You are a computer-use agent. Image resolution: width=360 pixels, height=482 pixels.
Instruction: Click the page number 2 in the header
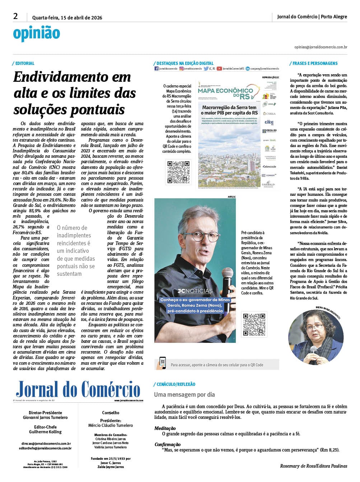coord(15,16)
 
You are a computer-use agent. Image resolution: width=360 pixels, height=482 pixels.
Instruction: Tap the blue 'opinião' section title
coord(36,33)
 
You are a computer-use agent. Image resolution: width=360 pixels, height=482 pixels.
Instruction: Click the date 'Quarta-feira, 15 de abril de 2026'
coord(67,18)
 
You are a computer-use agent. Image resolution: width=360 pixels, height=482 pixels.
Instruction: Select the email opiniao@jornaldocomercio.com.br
coord(321,47)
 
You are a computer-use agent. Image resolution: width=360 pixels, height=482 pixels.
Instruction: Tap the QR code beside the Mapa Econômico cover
coord(178,173)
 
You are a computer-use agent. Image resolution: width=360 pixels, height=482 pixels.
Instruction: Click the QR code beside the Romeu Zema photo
coord(254,325)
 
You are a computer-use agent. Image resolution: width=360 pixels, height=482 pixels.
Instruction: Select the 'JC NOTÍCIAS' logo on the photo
coord(195,291)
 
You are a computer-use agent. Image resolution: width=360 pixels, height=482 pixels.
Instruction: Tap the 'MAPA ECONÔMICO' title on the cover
coord(225,91)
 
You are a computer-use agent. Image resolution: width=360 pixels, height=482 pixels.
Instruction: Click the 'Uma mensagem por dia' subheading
coord(184,394)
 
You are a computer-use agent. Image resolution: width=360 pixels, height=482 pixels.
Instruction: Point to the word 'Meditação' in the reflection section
coord(165,428)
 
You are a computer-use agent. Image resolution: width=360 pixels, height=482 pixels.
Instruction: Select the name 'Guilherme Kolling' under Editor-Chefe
coord(45,432)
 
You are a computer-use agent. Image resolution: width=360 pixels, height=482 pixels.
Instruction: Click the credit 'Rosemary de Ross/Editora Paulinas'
coord(313,466)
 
